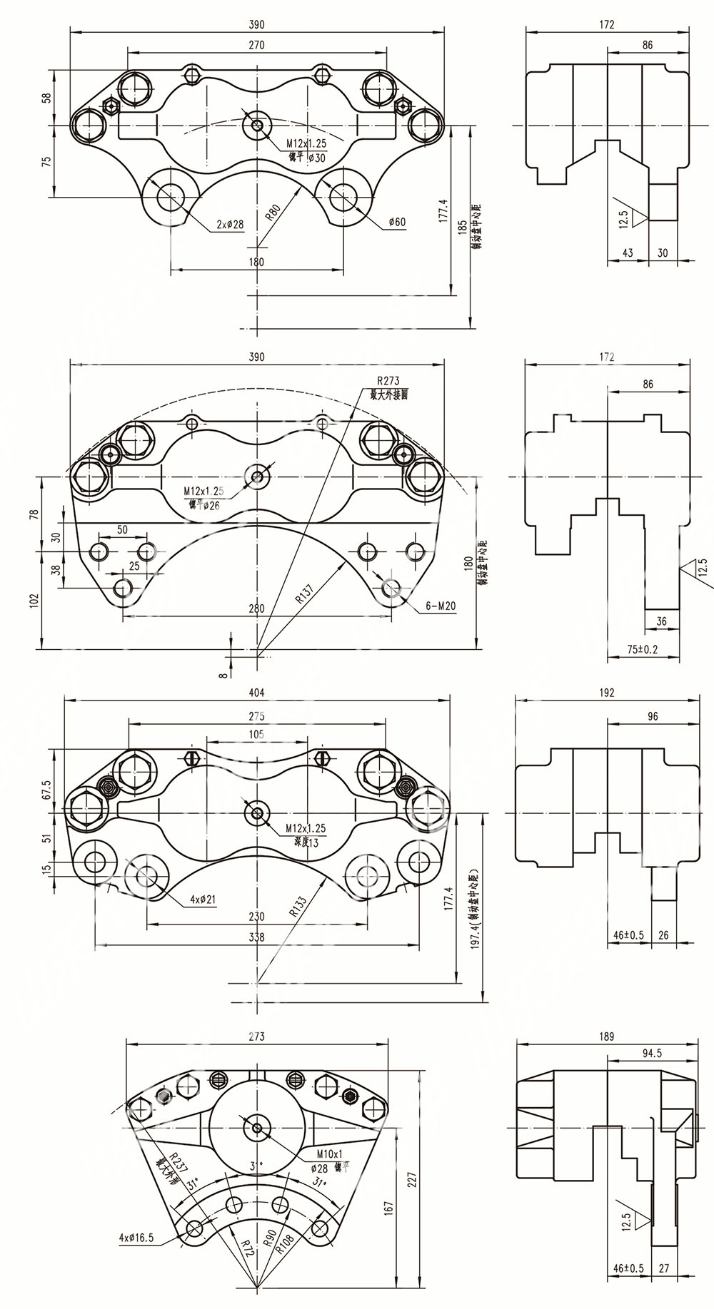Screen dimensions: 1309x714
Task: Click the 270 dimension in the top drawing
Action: click(x=257, y=45)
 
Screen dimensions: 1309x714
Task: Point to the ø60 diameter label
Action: click(x=397, y=222)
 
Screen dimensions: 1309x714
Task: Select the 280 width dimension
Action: click(x=257, y=608)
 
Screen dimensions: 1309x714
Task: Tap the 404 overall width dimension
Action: click(x=257, y=692)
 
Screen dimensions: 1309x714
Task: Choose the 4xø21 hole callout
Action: click(x=203, y=900)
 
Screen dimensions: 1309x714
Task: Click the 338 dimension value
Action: click(x=257, y=937)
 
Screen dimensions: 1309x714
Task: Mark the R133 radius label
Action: click(x=298, y=907)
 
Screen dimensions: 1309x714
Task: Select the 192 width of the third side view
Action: click(x=607, y=692)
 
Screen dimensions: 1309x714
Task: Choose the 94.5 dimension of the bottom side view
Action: click(x=652, y=1053)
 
